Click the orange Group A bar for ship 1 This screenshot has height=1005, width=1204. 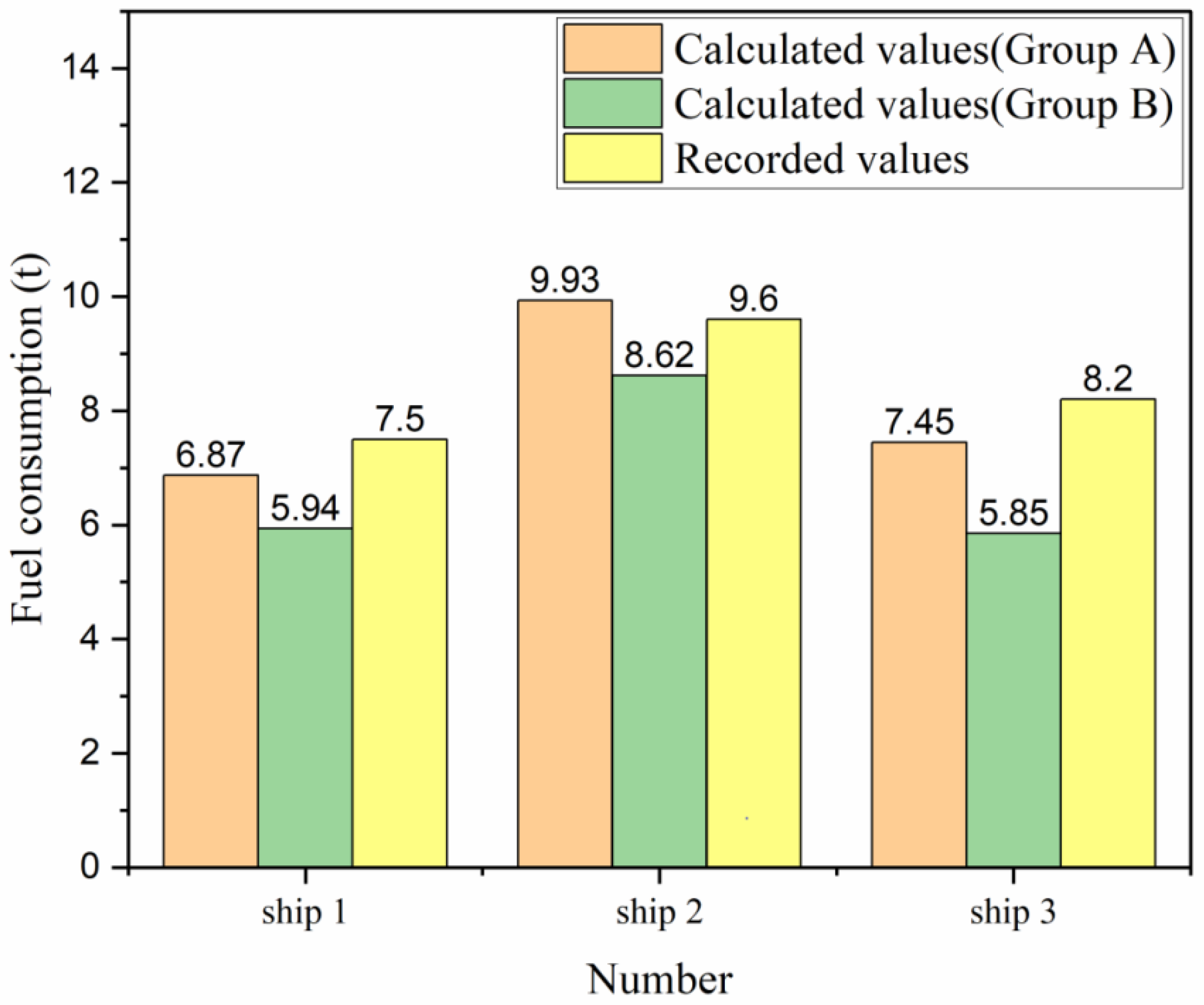[211, 670]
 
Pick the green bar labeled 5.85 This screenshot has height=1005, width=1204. [1013, 700]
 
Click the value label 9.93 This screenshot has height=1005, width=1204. [564, 280]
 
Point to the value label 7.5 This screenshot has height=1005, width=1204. [399, 420]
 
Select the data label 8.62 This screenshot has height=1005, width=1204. [659, 356]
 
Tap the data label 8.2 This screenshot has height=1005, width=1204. [1107, 379]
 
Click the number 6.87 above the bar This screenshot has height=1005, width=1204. [211, 455]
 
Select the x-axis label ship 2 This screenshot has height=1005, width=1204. [659, 913]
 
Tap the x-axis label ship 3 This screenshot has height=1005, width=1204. [1013, 913]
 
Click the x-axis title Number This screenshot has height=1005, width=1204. [659, 980]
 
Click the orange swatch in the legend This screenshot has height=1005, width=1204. [612, 48]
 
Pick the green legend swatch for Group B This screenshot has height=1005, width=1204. [612, 103]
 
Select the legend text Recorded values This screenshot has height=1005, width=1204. [822, 158]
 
